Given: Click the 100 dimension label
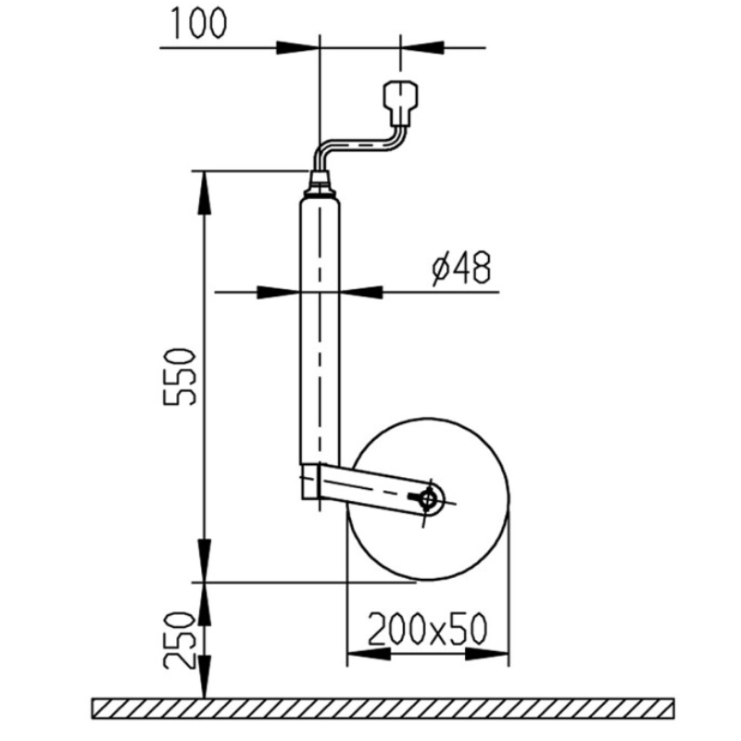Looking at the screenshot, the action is tap(198, 23).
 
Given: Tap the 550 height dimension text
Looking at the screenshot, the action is tap(179, 377).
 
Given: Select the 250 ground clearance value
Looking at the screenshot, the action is tap(179, 640).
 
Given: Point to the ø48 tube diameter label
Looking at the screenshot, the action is tap(461, 268).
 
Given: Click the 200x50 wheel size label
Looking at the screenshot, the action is tap(427, 629).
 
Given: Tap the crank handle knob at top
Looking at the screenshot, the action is tap(401, 102).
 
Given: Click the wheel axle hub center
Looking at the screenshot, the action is tap(428, 499).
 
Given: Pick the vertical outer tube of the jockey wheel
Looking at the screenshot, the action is tap(320, 331).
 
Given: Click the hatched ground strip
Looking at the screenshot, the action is tap(383, 709).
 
